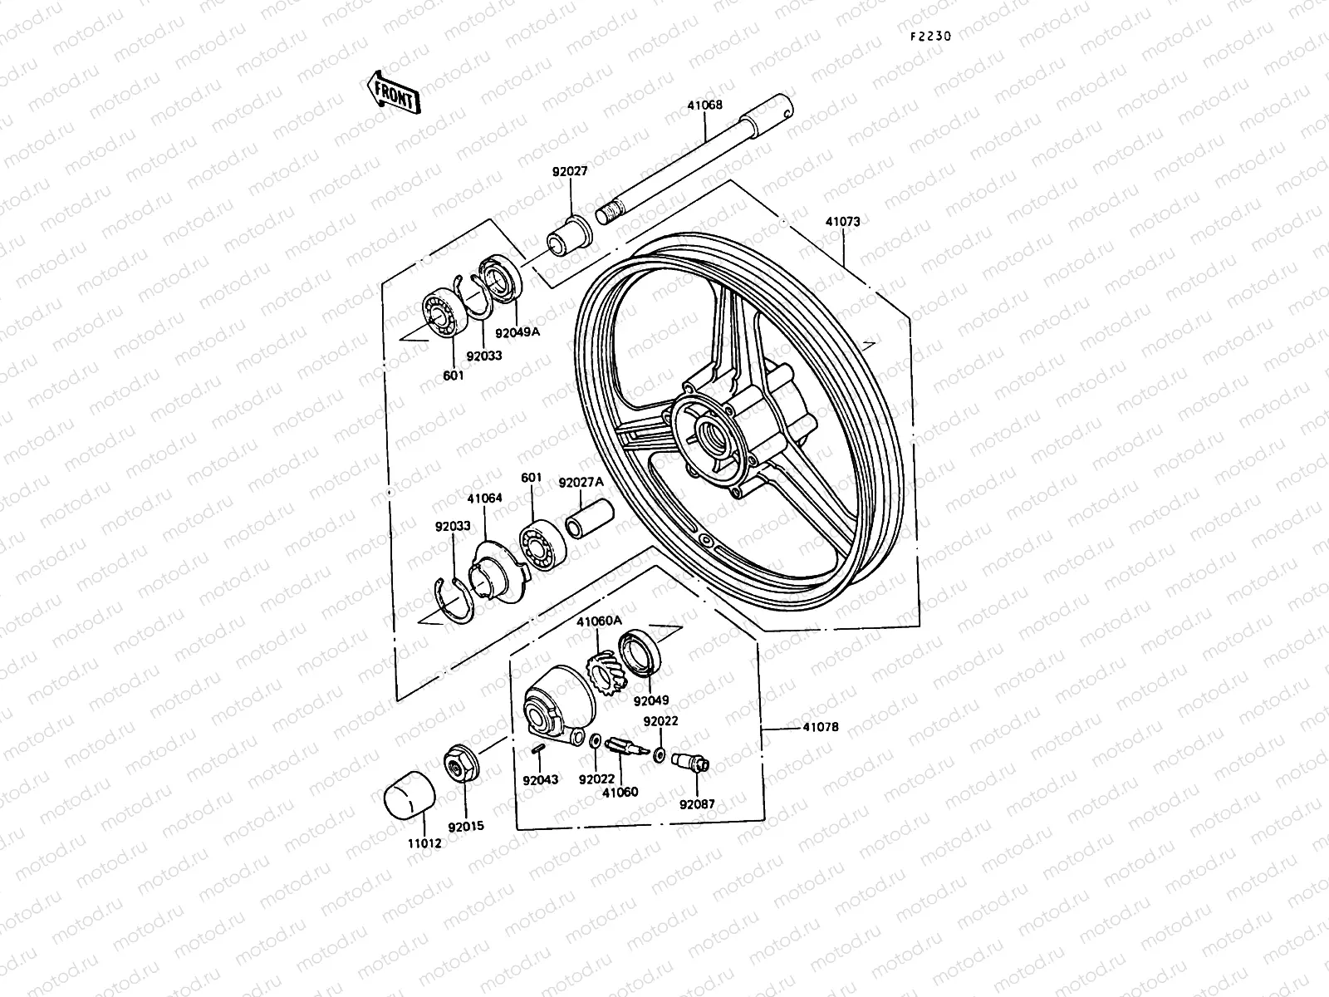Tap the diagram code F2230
pyautogui.click(x=929, y=37)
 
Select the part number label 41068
pyautogui.click(x=704, y=106)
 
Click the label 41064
pyautogui.click(x=484, y=498)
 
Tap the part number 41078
pyautogui.click(x=821, y=727)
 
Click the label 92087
pyautogui.click(x=697, y=804)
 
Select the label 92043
pyautogui.click(x=540, y=780)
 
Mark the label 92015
pyautogui.click(x=465, y=827)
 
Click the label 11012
pyautogui.click(x=424, y=843)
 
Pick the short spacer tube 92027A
pyautogui.click(x=589, y=518)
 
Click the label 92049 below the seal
pyautogui.click(x=651, y=700)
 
